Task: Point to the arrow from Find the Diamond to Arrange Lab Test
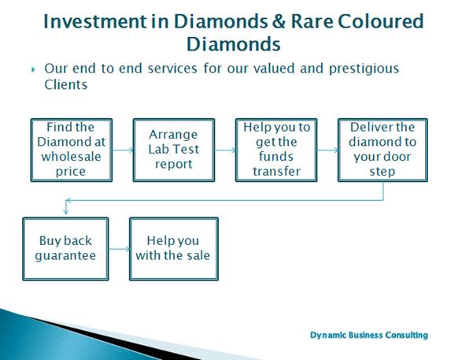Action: pyautogui.click(x=123, y=150)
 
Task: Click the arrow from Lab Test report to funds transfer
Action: pyautogui.click(x=225, y=150)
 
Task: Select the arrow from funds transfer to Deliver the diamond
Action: pyautogui.click(x=327, y=150)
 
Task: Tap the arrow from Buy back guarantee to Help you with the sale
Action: pyautogui.click(x=119, y=249)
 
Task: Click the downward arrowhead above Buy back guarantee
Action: pyautogui.click(x=66, y=213)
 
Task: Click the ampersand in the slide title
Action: pyautogui.click(x=279, y=22)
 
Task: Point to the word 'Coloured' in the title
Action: pyautogui.click(x=381, y=22)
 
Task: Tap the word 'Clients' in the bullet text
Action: pyautogui.click(x=66, y=85)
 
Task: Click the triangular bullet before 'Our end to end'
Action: pyautogui.click(x=33, y=70)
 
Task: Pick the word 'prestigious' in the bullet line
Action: pyautogui.click(x=364, y=69)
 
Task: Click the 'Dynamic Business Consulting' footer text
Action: pyautogui.click(x=369, y=336)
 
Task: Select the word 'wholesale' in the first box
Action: pyautogui.click(x=71, y=157)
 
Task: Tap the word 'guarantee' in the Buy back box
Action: pyautogui.click(x=65, y=256)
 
